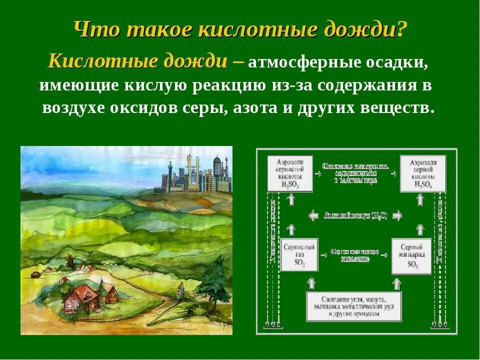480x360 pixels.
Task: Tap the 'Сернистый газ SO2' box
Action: click(299, 255)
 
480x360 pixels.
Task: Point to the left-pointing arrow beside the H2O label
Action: click(314, 215)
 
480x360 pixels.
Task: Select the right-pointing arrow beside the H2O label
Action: click(396, 215)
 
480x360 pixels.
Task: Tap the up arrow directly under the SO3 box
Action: click(396, 283)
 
